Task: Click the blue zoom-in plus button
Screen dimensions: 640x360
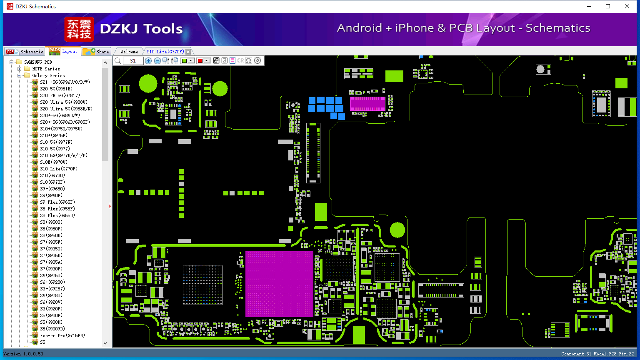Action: click(148, 60)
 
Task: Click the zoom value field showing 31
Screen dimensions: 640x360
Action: click(133, 60)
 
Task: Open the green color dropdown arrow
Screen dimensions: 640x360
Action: click(191, 60)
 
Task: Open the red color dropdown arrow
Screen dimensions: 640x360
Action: click(207, 60)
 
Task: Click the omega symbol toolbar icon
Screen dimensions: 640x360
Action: click(249, 60)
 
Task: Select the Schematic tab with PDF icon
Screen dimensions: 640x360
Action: click(25, 51)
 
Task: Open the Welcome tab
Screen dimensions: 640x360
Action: click(129, 52)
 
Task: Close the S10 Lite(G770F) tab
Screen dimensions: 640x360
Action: click(188, 52)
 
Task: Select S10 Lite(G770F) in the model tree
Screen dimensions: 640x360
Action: click(59, 169)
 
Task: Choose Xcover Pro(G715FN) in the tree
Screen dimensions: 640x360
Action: click(62, 335)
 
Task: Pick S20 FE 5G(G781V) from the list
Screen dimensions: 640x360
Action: click(60, 95)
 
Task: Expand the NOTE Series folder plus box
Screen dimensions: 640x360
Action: click(20, 69)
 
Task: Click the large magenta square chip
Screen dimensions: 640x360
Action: click(279, 284)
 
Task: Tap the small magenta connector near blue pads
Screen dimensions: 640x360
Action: click(368, 103)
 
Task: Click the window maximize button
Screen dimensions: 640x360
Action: click(608, 6)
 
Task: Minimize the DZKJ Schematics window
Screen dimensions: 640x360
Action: click(589, 6)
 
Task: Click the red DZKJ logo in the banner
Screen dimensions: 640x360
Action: click(79, 29)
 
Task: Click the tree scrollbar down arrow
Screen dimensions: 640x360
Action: click(105, 343)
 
